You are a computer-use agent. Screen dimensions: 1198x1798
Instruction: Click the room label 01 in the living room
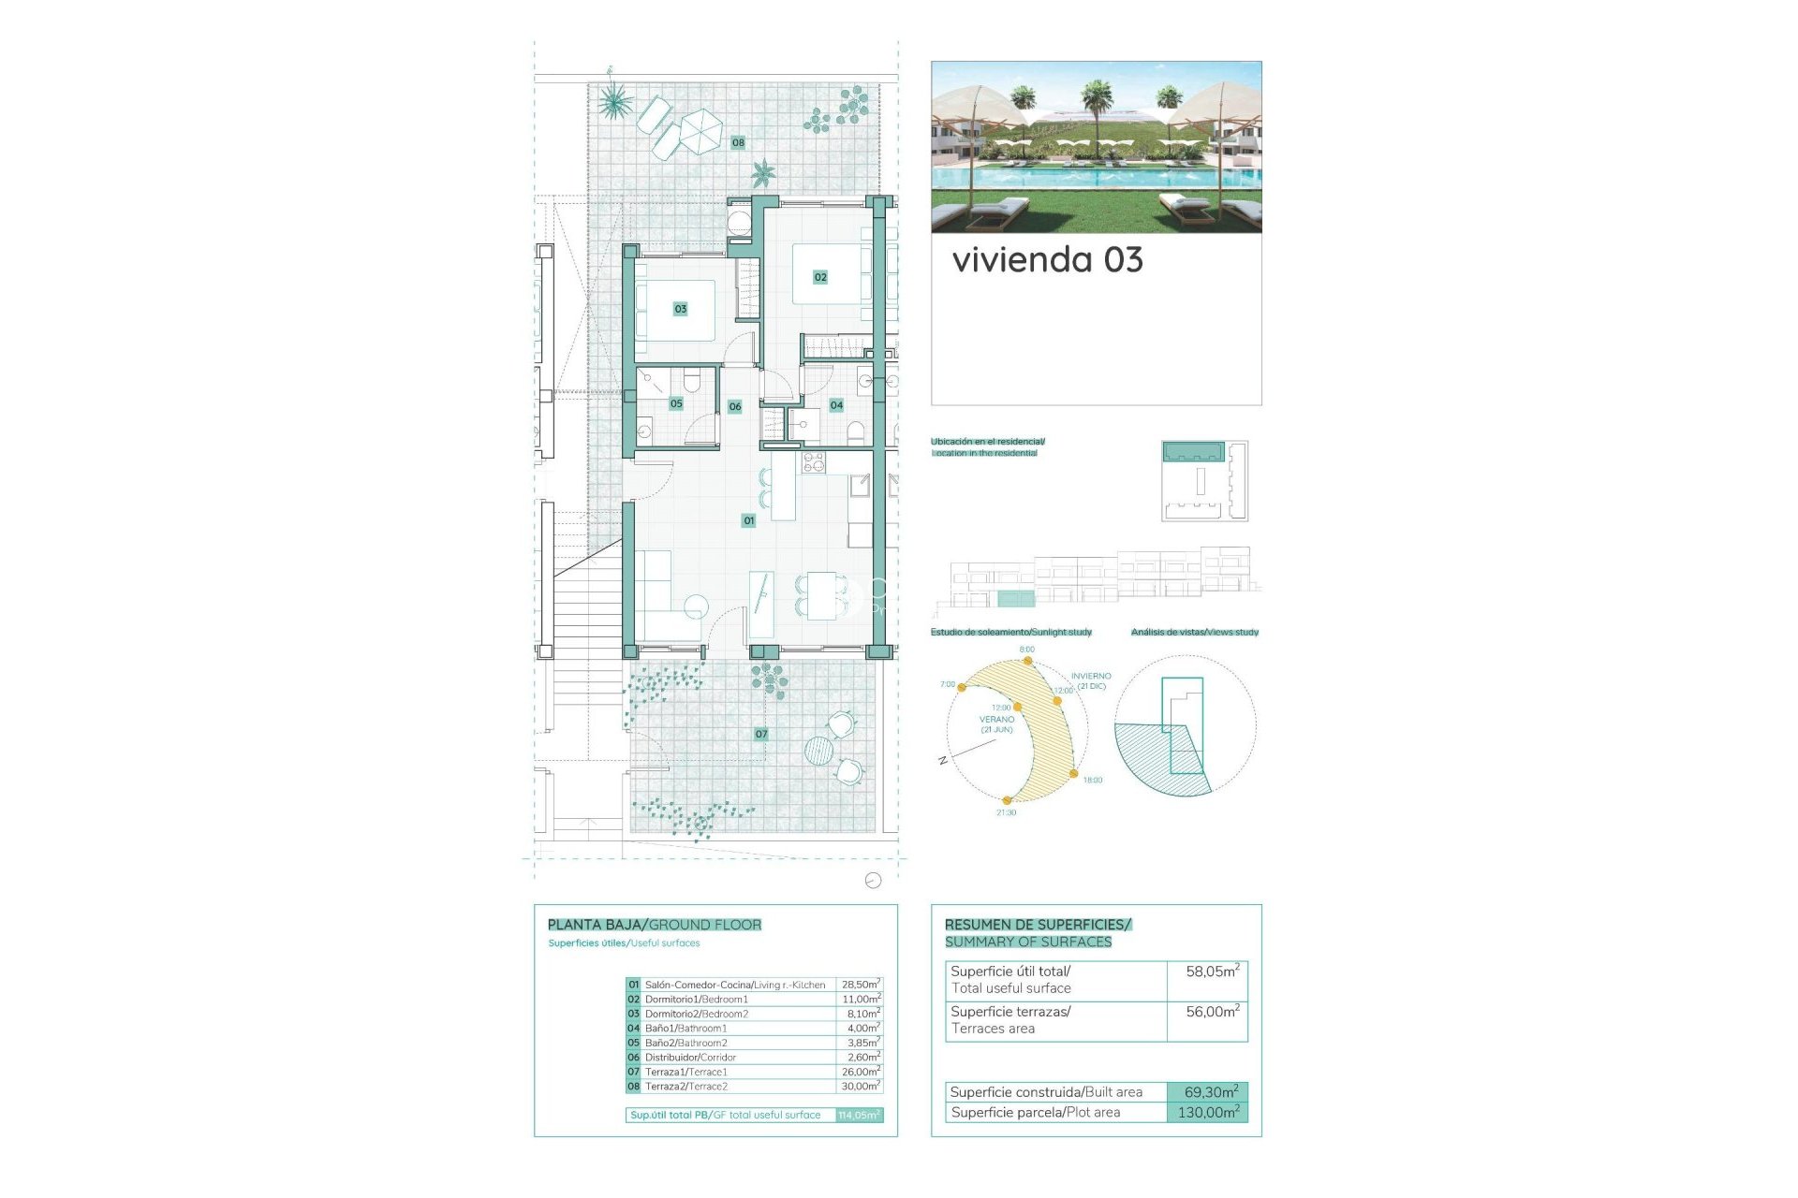tap(748, 520)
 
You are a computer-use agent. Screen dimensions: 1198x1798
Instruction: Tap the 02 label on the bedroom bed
tap(820, 277)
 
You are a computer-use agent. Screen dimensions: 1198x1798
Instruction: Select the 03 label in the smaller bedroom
tap(681, 309)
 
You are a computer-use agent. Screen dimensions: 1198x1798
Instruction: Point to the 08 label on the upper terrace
tap(738, 142)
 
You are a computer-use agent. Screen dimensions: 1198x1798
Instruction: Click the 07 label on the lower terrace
tap(761, 735)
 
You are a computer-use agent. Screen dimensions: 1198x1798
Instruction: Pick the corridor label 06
tap(735, 406)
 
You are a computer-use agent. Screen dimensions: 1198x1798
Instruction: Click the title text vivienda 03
tap(1047, 260)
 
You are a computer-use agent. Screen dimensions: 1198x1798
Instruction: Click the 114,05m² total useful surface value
tap(859, 1115)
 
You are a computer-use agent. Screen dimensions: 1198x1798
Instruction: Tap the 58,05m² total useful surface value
tap(1212, 972)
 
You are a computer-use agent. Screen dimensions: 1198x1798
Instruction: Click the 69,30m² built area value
tap(1210, 1092)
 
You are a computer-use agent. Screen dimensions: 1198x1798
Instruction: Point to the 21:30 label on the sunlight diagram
tap(1006, 812)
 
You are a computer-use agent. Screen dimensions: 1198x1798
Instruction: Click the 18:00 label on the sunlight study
tap(1093, 780)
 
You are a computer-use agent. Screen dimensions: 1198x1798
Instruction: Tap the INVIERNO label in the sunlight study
tap(1091, 676)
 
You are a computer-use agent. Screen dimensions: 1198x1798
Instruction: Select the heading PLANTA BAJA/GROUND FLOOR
tap(655, 925)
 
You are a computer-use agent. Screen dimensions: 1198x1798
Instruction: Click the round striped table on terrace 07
tap(818, 750)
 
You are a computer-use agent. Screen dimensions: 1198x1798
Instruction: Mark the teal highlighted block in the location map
tap(1193, 452)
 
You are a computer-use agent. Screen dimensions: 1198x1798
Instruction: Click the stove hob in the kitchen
tap(813, 461)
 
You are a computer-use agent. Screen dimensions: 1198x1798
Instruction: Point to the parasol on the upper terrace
tap(699, 130)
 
